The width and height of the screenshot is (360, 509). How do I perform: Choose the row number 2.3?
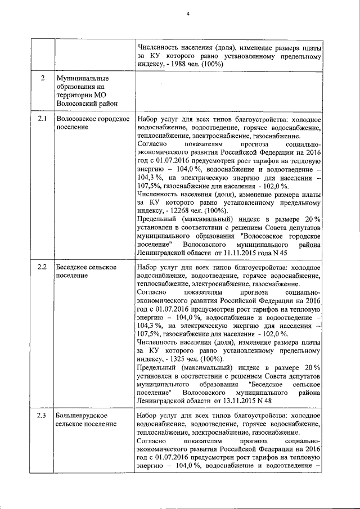coord(42,416)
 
